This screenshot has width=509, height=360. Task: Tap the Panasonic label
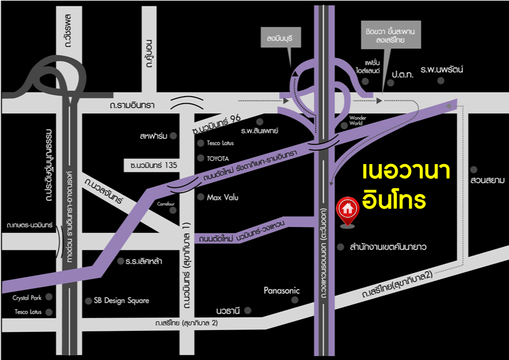[x=281, y=291]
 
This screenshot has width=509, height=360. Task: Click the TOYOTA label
[x=217, y=158]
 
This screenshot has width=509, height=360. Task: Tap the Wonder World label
[x=359, y=121]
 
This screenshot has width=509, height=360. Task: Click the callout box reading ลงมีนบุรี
[x=277, y=38]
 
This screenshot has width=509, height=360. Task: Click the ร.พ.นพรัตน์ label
[x=443, y=68]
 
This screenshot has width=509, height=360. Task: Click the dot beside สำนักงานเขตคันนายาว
[x=333, y=246]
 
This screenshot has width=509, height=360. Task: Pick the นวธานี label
[x=228, y=311]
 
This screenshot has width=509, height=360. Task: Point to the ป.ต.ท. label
[x=402, y=74]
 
